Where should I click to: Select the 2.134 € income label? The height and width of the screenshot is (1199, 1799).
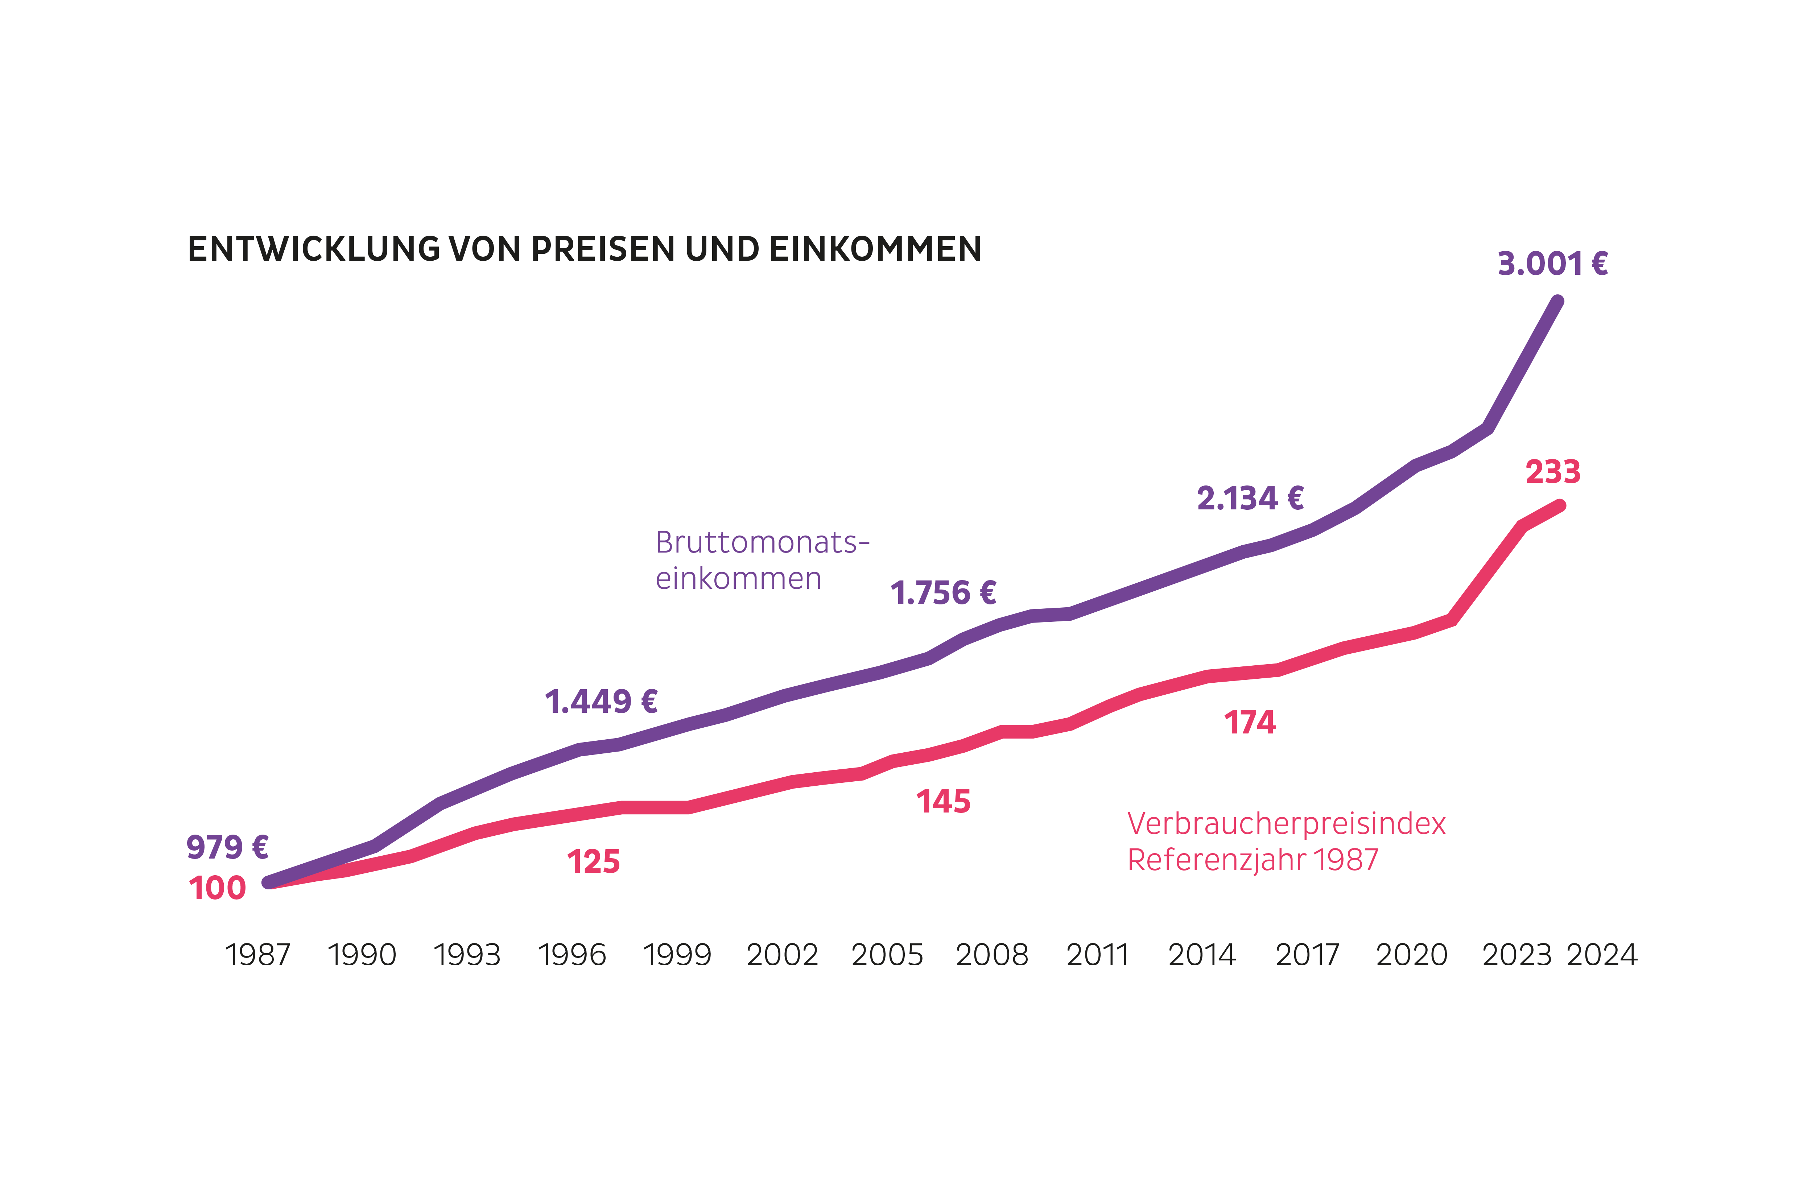pyautogui.click(x=1250, y=499)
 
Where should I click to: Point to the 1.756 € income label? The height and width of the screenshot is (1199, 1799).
pyautogui.click(x=943, y=594)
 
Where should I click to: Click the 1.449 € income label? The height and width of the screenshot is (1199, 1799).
pyautogui.click(x=601, y=702)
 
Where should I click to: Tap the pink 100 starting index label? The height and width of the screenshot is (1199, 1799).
pyautogui.click(x=217, y=889)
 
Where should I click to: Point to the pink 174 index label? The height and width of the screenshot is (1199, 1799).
pyautogui.click(x=1250, y=723)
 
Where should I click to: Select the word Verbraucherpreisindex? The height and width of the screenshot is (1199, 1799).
pyautogui.click(x=1287, y=824)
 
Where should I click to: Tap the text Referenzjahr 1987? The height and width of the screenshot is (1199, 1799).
pyautogui.click(x=1253, y=860)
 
